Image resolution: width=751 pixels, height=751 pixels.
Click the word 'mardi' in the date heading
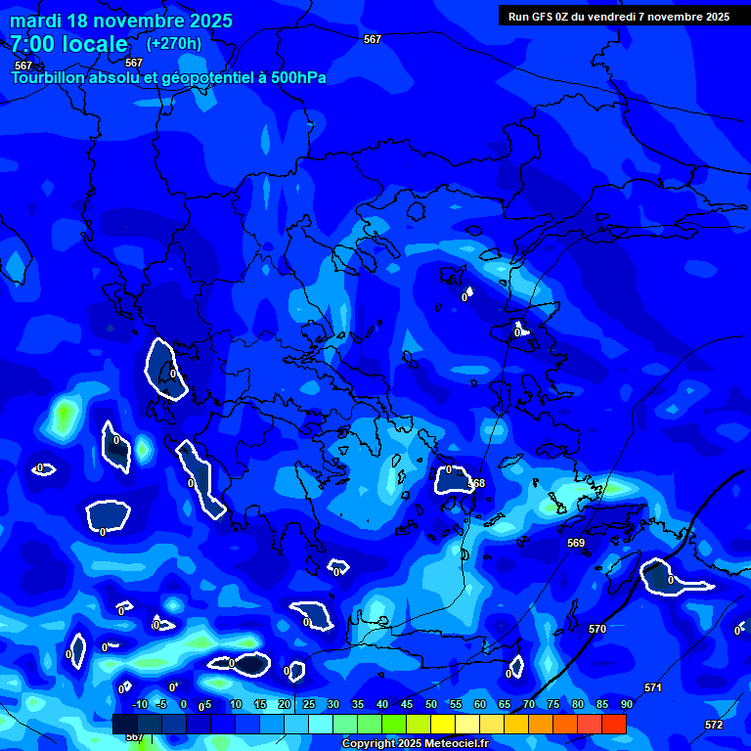37,21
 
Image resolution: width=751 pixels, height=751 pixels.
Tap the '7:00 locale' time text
69,44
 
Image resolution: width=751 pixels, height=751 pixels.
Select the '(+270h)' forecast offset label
174,43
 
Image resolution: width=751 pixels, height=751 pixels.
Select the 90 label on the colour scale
626,704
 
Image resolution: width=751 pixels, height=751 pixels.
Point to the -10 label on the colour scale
139,704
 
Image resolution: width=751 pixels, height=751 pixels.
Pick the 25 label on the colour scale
308,704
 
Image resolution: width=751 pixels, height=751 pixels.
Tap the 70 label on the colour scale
528,704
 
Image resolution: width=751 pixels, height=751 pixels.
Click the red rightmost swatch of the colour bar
614,724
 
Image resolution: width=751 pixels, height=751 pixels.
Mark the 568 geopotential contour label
476,484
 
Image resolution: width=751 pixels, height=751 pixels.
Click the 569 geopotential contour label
576,543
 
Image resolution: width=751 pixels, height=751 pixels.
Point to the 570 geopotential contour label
597,629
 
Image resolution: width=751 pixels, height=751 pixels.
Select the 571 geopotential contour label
652,687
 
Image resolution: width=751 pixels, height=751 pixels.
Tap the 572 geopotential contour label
714,725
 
